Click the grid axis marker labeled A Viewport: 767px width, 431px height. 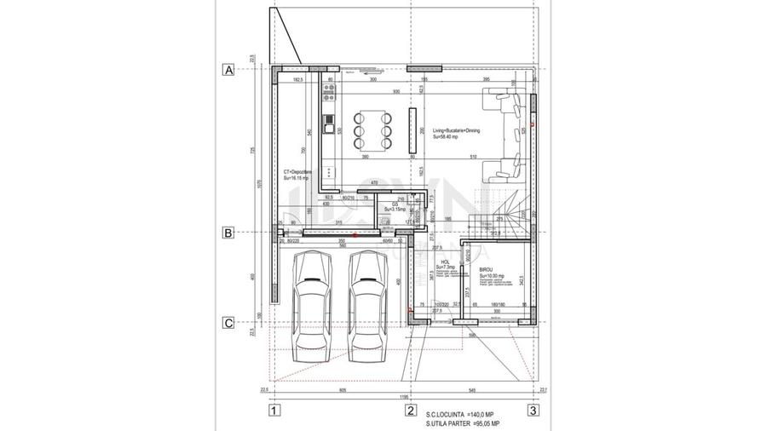tap(228, 70)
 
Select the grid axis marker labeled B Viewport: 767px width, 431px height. tap(228, 232)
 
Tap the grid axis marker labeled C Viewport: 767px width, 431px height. tap(228, 323)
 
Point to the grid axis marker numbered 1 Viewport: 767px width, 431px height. tap(274, 411)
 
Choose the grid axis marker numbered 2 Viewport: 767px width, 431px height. tap(410, 411)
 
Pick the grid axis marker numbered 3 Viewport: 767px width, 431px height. tap(533, 411)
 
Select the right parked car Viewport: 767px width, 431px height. tap(366, 307)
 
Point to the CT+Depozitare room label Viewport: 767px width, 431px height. tap(298, 174)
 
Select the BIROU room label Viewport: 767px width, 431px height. tap(487, 273)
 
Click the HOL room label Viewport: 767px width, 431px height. tap(444, 264)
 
